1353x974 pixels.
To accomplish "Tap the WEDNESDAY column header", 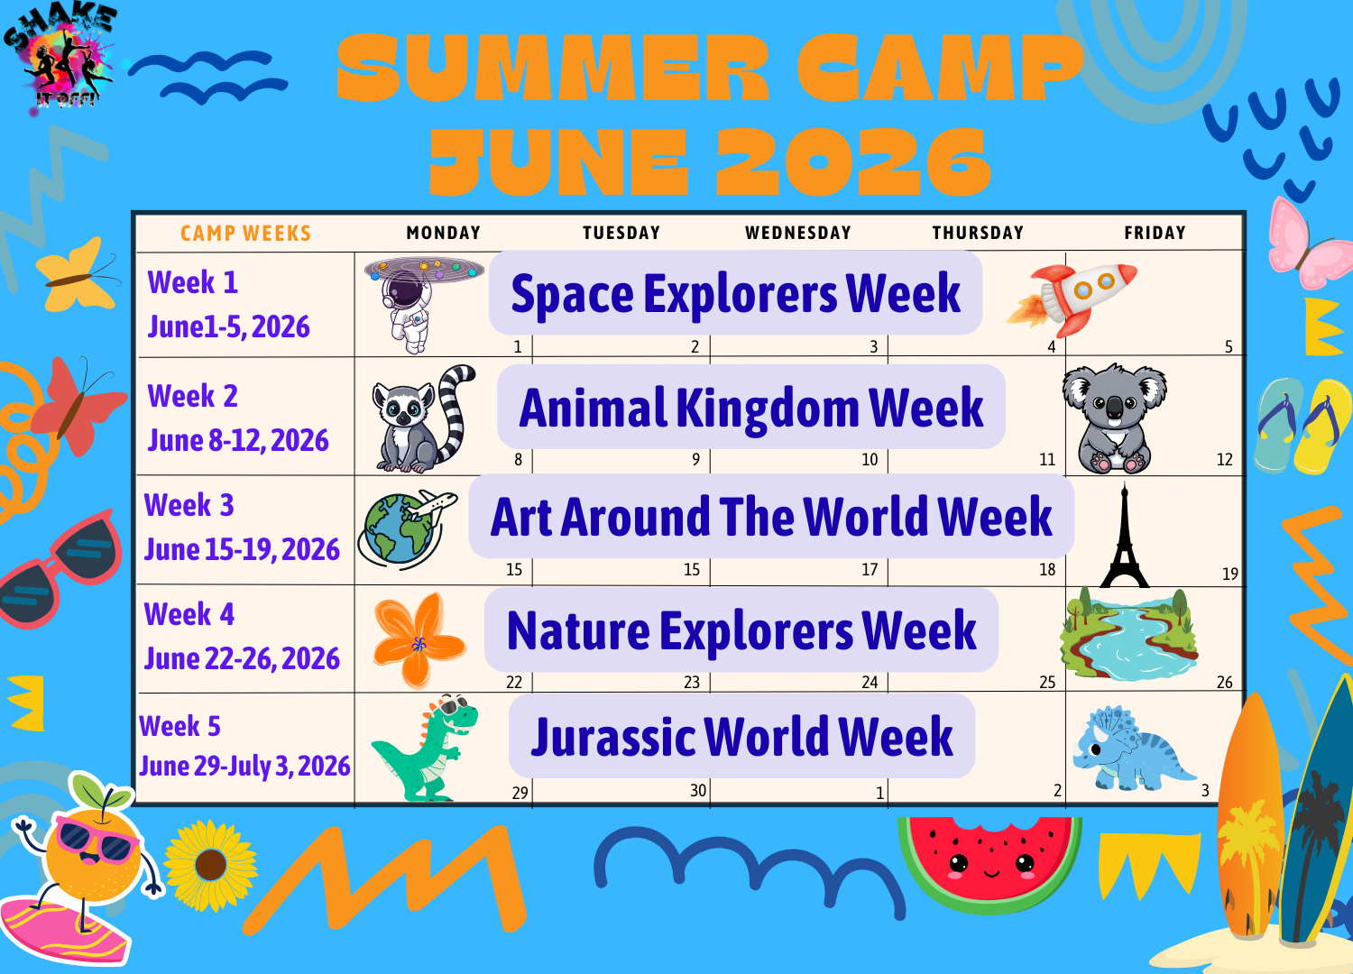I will pos(798,233).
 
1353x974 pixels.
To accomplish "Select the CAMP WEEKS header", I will pos(245,234).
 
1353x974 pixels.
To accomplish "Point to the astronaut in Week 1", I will pos(411,307).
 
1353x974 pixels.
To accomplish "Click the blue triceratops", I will pos(1132,749).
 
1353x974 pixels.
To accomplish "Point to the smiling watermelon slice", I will pos(989,861).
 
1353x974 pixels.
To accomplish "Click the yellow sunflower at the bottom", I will pos(211,865).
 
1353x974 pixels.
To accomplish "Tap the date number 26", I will pos(1224,683).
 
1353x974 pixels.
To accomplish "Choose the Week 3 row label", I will pos(241,528).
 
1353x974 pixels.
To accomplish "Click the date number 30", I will pos(697,791).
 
